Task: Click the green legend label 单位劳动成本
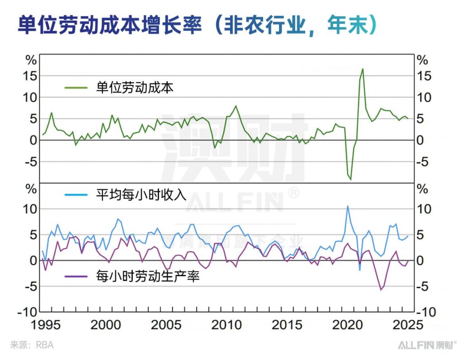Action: pyautogui.click(x=135, y=88)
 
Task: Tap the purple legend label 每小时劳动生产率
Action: pyautogui.click(x=148, y=275)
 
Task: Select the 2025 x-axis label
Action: pyautogui.click(x=407, y=325)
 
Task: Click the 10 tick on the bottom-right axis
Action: pyautogui.click(x=425, y=209)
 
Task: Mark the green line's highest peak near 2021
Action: pyautogui.click(x=363, y=69)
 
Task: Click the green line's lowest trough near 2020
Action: pyautogui.click(x=350, y=180)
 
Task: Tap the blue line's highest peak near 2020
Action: pyautogui.click(x=347, y=206)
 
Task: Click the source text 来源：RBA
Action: pyautogui.click(x=32, y=345)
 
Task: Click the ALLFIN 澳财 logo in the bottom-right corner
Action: pyautogui.click(x=427, y=345)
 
